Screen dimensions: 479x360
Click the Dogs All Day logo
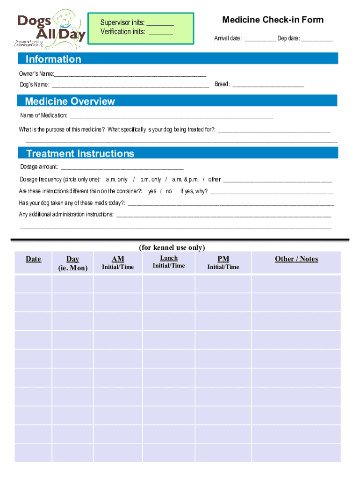[x=51, y=29]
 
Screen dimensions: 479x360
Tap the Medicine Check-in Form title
[x=273, y=20]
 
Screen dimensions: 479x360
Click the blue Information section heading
[x=53, y=59]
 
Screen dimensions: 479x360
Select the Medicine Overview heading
[x=70, y=102]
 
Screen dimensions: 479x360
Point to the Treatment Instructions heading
[x=80, y=153]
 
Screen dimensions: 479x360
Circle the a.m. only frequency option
[x=116, y=180]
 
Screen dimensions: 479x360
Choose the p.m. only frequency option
[x=151, y=180]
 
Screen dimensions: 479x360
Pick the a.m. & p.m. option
[x=185, y=180]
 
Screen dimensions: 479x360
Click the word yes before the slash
[x=152, y=191]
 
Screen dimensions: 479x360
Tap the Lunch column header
[x=169, y=258]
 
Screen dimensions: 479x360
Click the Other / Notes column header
[x=296, y=259]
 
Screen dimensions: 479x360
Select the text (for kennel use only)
[x=172, y=247]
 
